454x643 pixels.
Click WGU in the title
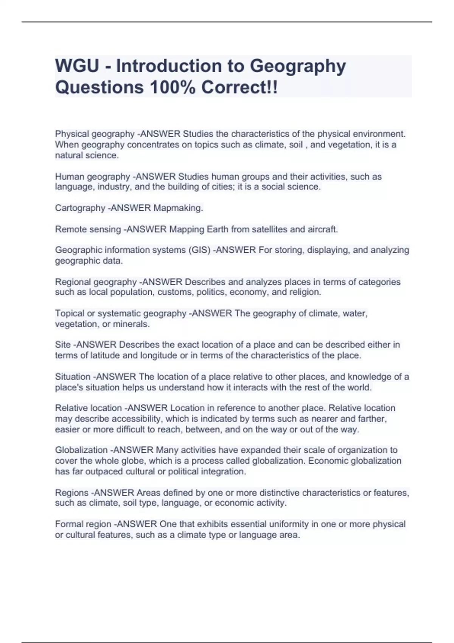[x=77, y=66]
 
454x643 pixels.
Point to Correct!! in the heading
[x=239, y=88]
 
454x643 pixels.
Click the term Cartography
[x=80, y=208]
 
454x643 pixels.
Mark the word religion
[x=305, y=292]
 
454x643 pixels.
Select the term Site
[x=63, y=345]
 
